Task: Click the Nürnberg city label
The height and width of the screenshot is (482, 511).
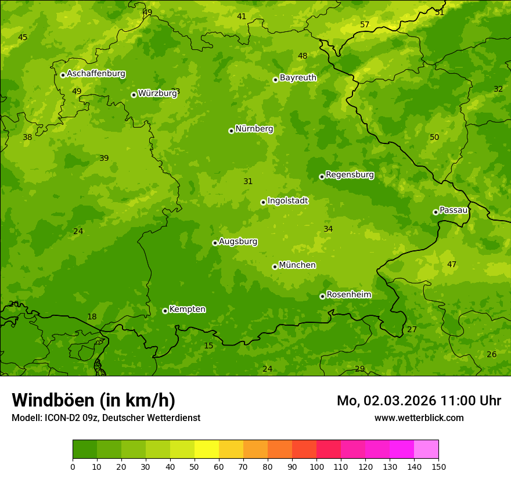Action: [x=254, y=129]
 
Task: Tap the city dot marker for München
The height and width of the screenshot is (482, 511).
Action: [x=275, y=267]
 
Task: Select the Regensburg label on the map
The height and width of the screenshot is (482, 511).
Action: [x=350, y=175]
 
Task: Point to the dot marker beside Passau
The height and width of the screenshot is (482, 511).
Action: [x=436, y=212]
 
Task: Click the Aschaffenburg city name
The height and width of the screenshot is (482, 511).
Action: [x=96, y=74]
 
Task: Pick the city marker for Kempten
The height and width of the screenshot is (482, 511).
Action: [x=165, y=311]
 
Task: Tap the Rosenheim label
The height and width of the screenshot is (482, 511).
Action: [x=348, y=295]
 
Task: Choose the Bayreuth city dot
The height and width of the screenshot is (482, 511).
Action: [x=275, y=80]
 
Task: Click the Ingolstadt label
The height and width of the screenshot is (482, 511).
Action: [x=287, y=201]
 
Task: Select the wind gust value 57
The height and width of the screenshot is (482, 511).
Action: [x=365, y=24]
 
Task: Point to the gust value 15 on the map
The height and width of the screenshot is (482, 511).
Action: [x=208, y=346]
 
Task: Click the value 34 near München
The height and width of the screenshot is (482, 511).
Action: [x=328, y=229]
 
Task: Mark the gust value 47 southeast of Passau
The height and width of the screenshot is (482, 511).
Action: [x=452, y=265]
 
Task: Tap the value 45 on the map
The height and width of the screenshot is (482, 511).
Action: [x=23, y=38]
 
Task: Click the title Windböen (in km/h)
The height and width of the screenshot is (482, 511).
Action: [x=93, y=400]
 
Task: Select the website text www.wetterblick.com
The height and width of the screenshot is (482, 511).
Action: [x=419, y=418]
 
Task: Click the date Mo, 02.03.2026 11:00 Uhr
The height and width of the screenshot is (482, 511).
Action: [x=419, y=401]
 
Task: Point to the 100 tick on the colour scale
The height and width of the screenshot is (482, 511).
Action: [x=316, y=466]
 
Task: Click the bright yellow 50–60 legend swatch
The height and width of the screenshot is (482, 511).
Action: [x=207, y=449]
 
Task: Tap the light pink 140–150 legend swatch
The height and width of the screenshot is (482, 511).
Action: [x=426, y=449]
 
